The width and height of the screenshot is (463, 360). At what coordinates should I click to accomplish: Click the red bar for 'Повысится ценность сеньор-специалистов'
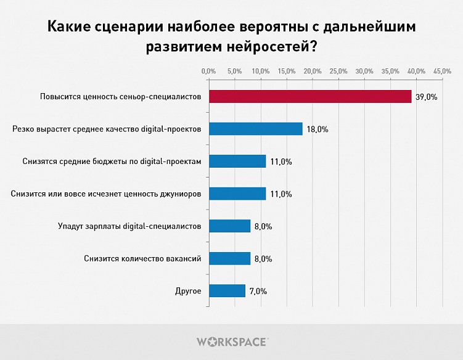(310, 97)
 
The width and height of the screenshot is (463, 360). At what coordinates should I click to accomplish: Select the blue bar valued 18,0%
(255, 129)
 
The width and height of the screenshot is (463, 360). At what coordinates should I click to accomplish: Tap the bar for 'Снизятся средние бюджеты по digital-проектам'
(237, 162)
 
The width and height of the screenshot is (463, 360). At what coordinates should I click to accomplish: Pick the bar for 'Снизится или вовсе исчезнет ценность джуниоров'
(237, 194)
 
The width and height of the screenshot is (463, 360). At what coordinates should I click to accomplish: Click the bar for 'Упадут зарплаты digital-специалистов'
(229, 226)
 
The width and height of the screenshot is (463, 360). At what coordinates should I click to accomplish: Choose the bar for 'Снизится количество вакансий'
(229, 258)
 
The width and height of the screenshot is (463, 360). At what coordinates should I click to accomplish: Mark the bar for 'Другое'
(227, 291)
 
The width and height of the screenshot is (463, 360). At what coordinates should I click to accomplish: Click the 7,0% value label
(258, 292)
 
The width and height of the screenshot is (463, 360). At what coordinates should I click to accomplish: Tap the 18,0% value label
(318, 129)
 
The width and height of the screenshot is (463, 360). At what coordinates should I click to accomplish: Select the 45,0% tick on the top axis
(443, 72)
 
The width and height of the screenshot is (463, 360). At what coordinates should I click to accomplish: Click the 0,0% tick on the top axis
(209, 72)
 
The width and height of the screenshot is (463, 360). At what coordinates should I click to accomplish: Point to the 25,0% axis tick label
(339, 72)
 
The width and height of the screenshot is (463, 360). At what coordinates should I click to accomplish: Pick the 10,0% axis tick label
(261, 72)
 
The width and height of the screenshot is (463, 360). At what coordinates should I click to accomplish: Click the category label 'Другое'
(189, 291)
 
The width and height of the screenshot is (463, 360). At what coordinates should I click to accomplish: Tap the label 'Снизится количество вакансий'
(142, 258)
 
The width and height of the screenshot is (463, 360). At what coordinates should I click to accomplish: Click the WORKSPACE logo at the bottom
(232, 342)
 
